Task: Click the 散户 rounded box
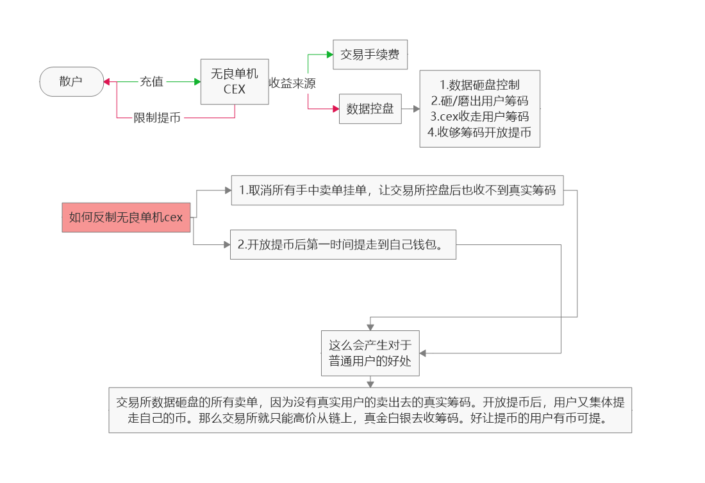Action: [72, 81]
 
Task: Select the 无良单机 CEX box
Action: [234, 81]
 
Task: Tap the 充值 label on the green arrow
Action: [151, 81]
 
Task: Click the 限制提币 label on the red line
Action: [157, 118]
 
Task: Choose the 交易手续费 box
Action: [370, 55]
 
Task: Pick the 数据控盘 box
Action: [370, 109]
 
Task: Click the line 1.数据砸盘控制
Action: [479, 85]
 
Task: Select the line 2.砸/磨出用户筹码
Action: [479, 101]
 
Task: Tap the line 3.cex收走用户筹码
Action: [479, 117]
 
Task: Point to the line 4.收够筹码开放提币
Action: [479, 133]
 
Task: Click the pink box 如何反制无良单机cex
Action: [126, 217]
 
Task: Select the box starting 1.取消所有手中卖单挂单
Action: [397, 191]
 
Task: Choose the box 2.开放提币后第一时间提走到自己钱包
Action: [343, 244]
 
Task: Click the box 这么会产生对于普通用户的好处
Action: [370, 353]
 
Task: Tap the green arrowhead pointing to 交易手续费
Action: [329, 55]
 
